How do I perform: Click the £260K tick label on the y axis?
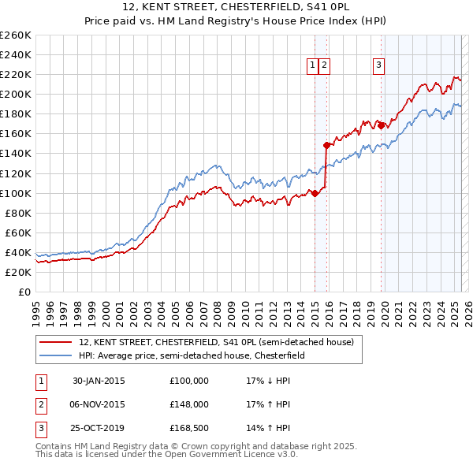point(16,35)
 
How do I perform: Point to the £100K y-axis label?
point(16,193)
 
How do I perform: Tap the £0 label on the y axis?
point(24,292)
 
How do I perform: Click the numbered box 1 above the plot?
point(313,66)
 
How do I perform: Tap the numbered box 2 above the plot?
point(324,66)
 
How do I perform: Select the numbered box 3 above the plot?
point(379,66)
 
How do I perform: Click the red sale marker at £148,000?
point(326,145)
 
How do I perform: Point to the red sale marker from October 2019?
point(381,125)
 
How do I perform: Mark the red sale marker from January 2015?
point(315,192)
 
